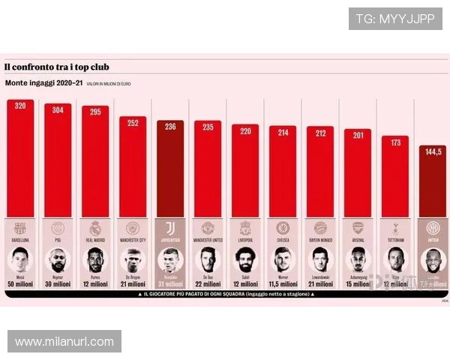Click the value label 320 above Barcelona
point(20,106)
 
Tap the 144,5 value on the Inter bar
point(433,151)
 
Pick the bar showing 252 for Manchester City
point(133,169)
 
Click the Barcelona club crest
point(20,227)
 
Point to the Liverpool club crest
point(245,227)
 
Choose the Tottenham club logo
point(395,227)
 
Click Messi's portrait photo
point(20,259)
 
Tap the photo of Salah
point(245,259)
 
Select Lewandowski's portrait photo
point(320,259)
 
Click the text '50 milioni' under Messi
point(20,284)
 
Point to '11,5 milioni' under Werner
point(283,284)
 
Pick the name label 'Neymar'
point(58,276)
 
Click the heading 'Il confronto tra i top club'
point(56,67)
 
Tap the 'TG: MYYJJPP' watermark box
point(395,18)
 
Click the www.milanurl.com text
point(64,342)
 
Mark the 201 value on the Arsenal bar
point(358,135)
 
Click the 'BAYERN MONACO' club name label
point(320,240)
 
